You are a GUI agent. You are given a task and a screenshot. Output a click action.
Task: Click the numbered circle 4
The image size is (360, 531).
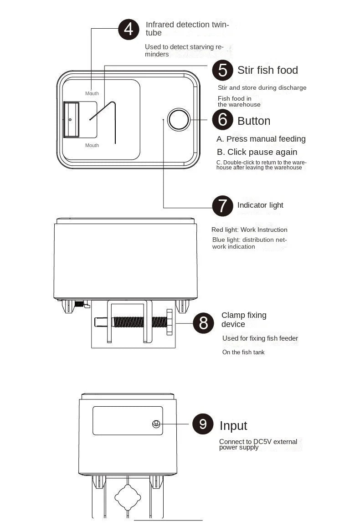click(129, 30)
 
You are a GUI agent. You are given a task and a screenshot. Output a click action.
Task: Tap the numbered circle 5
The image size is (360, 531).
click(222, 70)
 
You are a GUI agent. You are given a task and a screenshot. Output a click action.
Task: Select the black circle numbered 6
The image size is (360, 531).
click(222, 119)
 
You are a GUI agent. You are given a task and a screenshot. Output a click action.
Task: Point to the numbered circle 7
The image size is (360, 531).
click(222, 206)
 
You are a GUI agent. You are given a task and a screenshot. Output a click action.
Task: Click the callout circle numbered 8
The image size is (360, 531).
click(203, 323)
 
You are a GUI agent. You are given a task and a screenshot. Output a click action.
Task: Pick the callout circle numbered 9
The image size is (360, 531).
click(203, 424)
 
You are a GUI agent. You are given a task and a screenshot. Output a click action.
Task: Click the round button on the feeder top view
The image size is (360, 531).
click(179, 119)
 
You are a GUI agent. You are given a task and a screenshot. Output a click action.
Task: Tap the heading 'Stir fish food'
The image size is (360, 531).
click(267, 70)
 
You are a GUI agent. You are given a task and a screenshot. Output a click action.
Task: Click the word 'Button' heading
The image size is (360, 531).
click(254, 121)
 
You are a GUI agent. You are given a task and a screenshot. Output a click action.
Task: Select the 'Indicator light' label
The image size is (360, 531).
click(260, 205)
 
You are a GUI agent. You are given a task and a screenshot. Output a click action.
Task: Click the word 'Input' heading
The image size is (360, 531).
click(233, 426)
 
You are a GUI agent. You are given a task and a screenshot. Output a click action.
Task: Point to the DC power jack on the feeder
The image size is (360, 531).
click(156, 424)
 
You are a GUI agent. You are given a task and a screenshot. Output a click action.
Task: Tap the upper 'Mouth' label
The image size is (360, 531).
click(92, 93)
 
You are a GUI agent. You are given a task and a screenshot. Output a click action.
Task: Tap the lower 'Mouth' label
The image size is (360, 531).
click(92, 145)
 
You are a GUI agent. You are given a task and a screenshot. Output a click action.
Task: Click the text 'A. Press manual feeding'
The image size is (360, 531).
click(261, 139)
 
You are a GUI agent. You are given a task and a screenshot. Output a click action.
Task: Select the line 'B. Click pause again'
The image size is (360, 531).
click(257, 152)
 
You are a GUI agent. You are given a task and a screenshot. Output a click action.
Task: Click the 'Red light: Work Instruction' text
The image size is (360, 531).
click(249, 230)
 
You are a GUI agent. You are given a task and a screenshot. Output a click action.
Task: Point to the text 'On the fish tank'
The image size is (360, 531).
click(243, 352)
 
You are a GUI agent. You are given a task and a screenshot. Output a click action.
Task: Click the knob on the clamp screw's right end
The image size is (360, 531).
click(170, 322)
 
